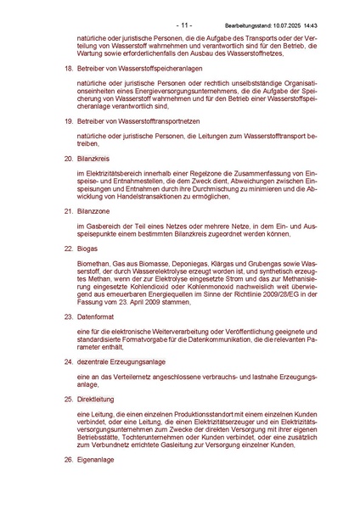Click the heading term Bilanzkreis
tap(83, 157)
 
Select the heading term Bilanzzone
tap(84, 211)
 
